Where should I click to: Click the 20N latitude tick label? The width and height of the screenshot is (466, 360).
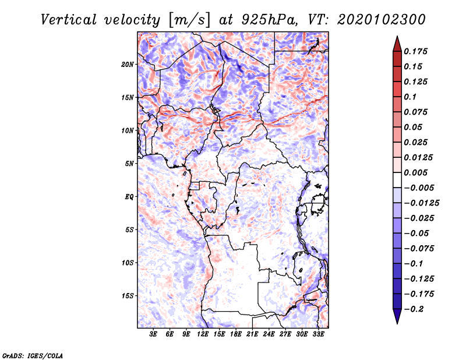pyautogui.click(x=128, y=65)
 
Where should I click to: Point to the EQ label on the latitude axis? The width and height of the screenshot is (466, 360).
pyautogui.click(x=129, y=197)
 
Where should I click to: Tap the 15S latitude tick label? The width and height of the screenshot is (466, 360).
pyautogui.click(x=128, y=296)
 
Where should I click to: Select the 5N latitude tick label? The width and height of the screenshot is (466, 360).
pyautogui.click(x=129, y=164)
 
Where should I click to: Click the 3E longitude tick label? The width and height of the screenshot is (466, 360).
pyautogui.click(x=153, y=334)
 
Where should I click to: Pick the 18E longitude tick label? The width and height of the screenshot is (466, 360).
pyautogui.click(x=236, y=334)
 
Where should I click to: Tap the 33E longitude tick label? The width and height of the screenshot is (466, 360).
pyautogui.click(x=318, y=334)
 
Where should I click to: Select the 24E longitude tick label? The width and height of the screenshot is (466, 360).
pyautogui.click(x=269, y=334)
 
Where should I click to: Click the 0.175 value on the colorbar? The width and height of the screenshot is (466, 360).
pyautogui.click(x=415, y=51)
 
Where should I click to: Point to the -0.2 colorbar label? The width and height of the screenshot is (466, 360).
pyautogui.click(x=414, y=309)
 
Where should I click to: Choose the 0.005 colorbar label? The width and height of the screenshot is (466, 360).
pyautogui.click(x=415, y=172)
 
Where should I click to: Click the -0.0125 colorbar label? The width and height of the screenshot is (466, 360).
pyautogui.click(x=421, y=203)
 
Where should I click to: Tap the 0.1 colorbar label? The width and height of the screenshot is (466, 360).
pyautogui.click(x=410, y=97)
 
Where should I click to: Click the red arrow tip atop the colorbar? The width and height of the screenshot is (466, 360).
pyautogui.click(x=397, y=36)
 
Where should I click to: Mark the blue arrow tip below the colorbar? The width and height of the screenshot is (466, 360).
pyautogui.click(x=397, y=323)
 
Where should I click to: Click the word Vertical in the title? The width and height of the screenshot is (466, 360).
pyautogui.click(x=68, y=20)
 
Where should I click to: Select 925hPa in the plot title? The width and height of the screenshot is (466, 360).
pyautogui.click(x=269, y=20)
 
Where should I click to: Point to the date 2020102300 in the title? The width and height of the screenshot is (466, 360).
pyautogui.click(x=381, y=20)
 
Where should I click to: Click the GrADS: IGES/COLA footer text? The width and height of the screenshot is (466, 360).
pyautogui.click(x=33, y=355)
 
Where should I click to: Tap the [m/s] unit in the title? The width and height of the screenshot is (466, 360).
pyautogui.click(x=189, y=20)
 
